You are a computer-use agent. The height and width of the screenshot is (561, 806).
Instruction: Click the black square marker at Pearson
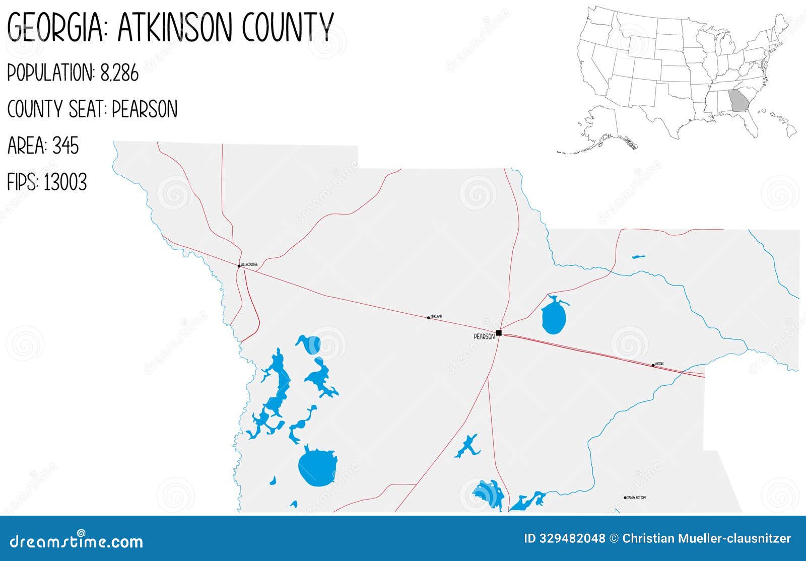499,333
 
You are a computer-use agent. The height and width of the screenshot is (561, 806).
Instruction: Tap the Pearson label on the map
484,336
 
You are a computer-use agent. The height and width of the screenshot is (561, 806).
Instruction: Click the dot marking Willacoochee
239,266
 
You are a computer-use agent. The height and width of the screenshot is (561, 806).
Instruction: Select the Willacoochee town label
249,264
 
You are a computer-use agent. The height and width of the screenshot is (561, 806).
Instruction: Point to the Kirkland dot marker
429,318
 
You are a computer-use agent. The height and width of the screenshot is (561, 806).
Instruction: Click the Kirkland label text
436,316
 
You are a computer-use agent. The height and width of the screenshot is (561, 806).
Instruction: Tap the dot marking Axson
653,365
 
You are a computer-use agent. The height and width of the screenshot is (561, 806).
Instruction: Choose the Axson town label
659,364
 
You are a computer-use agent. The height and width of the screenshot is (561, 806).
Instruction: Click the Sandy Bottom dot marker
625,498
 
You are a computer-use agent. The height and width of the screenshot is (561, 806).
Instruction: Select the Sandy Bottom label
636,498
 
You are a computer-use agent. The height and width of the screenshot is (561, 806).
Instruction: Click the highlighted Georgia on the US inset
739,101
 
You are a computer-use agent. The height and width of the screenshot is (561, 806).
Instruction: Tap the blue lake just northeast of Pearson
554,317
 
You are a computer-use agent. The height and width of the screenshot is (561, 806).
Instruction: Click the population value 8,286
119,74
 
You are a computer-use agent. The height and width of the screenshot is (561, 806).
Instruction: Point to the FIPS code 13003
65,182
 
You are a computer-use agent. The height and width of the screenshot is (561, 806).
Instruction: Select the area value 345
65,146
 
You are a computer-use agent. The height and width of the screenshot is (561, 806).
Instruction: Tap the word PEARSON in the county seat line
145,109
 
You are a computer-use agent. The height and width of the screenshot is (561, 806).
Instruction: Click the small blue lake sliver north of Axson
638,257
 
